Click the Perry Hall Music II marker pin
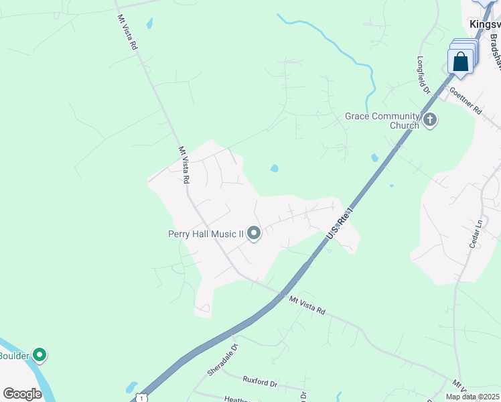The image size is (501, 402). point(254,233)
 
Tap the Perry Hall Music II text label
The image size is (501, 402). point(206,234)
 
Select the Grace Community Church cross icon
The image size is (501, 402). point(429,121)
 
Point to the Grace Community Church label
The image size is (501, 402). point(382,121)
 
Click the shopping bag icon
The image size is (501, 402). point(461,62)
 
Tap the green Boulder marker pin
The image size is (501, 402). point(40,354)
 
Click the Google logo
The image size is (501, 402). point(22,394)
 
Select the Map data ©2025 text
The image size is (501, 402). point(472,397)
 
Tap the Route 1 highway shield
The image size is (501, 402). point(141,398)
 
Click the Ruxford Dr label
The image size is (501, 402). point(260,383)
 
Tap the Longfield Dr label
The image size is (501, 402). point(424,73)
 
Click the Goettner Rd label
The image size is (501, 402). point(466,101)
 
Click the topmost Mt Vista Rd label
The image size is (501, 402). point(128,32)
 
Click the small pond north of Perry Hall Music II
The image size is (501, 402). point(274,168)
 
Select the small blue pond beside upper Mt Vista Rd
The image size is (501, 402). point(149,23)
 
